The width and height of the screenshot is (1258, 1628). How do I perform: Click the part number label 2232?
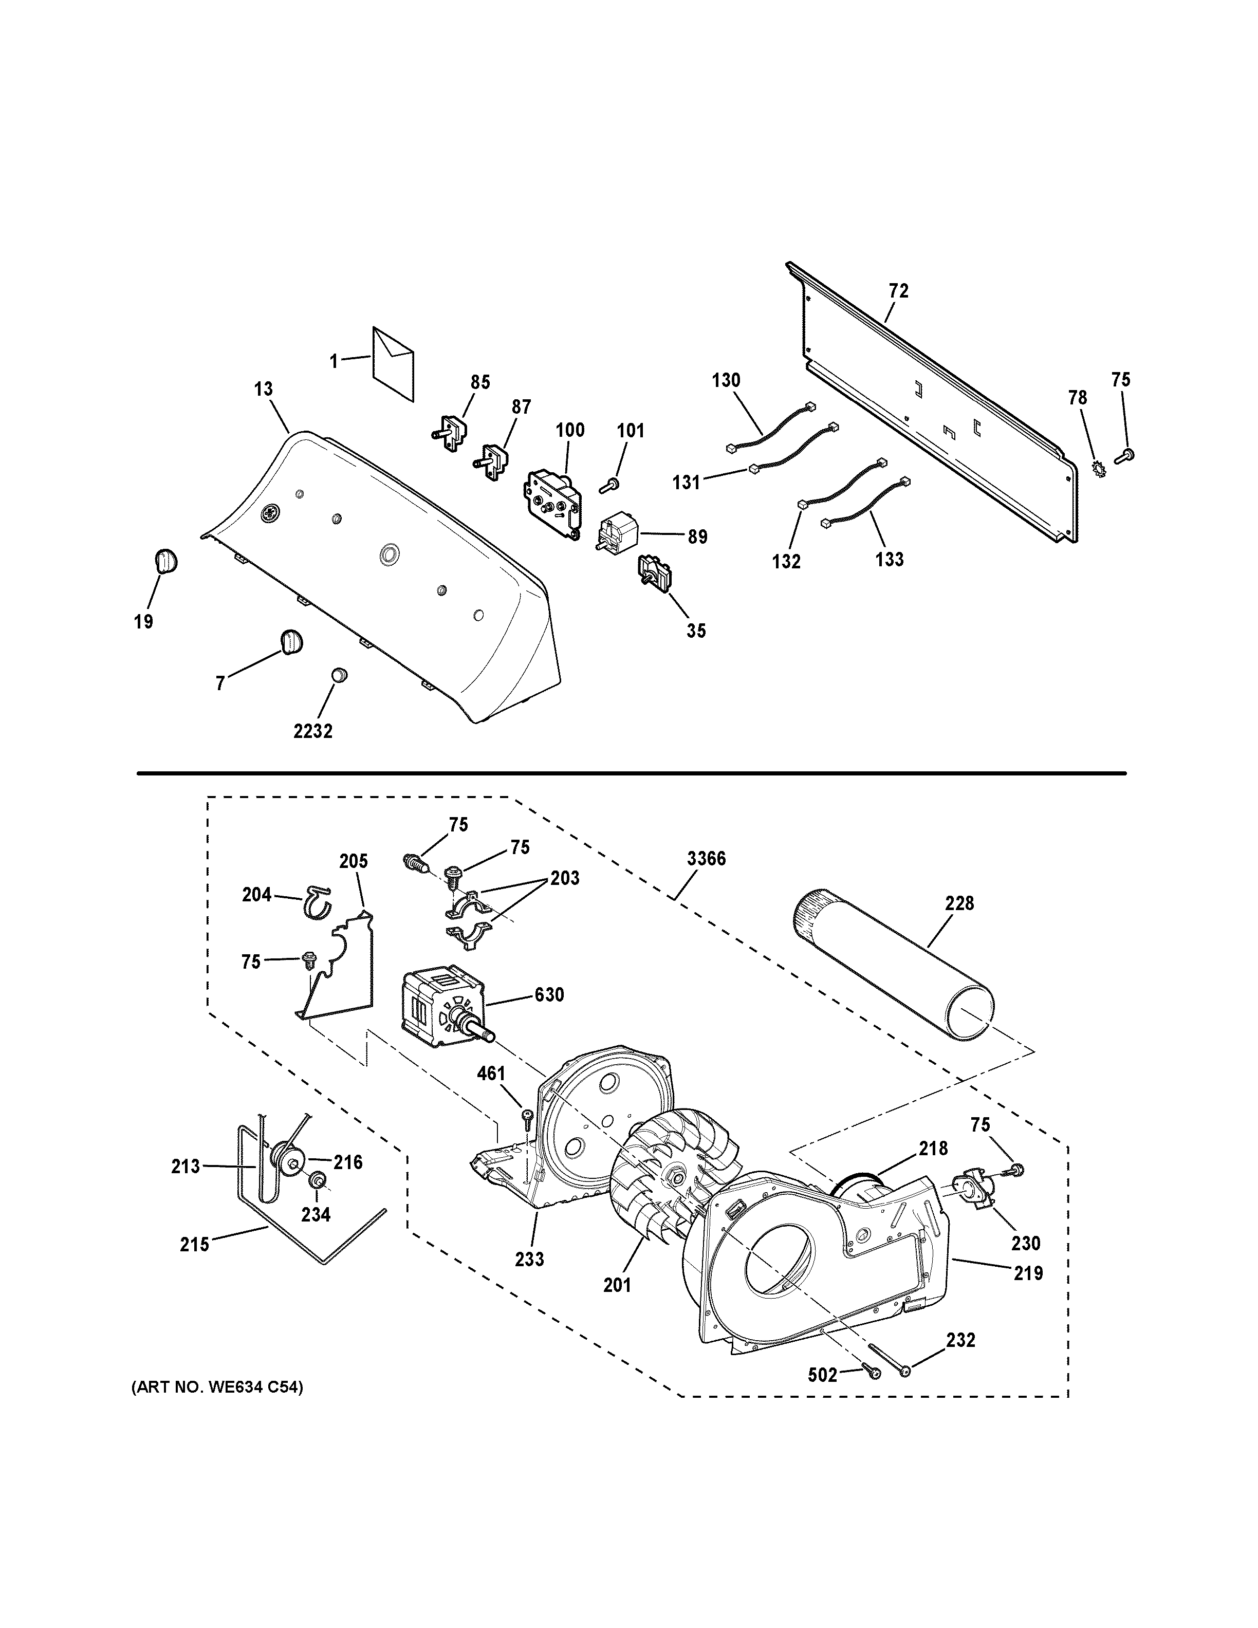click(312, 731)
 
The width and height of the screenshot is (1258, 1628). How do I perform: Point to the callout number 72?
click(899, 291)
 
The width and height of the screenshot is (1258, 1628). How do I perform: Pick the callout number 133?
click(889, 559)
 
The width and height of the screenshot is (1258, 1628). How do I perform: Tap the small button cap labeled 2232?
click(340, 675)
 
